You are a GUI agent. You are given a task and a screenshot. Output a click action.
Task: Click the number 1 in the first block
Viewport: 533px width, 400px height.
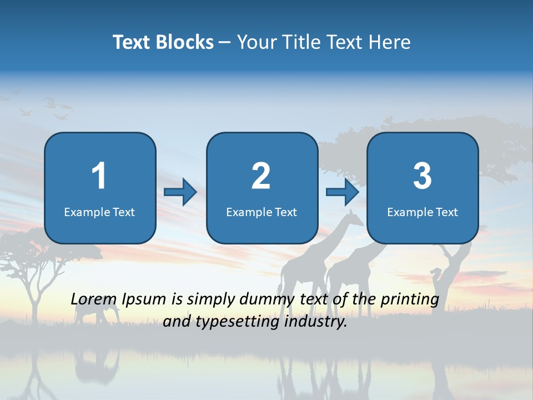point(99,176)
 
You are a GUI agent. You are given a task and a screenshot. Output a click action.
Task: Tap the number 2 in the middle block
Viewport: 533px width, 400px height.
point(261,176)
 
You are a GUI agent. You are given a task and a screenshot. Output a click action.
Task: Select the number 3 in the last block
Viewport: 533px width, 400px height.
point(423,176)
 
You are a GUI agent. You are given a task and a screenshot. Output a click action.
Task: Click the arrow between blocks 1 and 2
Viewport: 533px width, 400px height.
point(180,192)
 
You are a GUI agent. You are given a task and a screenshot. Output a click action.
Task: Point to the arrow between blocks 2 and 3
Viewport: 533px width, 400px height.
point(343,192)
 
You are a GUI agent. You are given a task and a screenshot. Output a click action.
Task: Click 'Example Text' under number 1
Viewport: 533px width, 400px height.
point(99,212)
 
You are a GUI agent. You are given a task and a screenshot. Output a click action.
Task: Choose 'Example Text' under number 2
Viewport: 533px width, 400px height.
point(262,212)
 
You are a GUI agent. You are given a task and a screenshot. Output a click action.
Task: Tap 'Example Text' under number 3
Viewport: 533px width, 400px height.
point(423,212)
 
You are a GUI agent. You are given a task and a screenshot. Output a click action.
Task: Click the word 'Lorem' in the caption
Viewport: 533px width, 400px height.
point(94,299)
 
